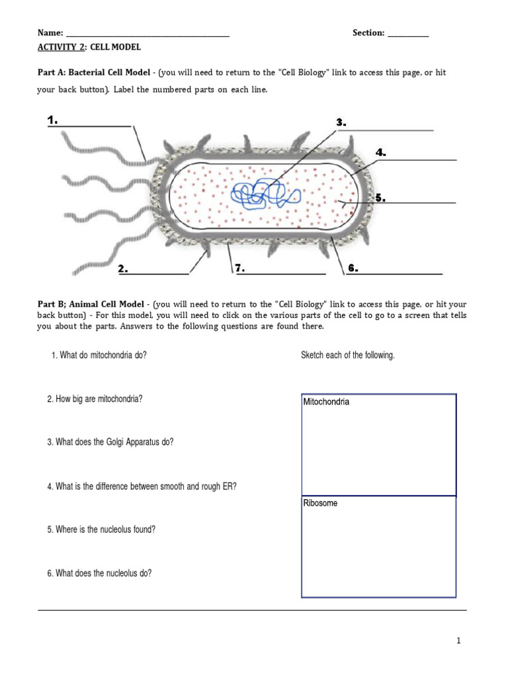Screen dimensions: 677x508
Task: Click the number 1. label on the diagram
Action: click(x=53, y=120)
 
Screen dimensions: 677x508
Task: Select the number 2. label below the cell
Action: click(x=123, y=268)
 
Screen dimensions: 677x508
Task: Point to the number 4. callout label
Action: click(x=380, y=153)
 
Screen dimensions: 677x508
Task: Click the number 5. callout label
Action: click(x=380, y=197)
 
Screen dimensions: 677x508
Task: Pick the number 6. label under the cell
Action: click(x=353, y=268)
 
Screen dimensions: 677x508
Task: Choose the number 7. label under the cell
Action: click(x=239, y=268)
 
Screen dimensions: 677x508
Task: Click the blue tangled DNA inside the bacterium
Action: click(x=265, y=194)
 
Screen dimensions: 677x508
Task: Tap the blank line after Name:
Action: click(x=148, y=33)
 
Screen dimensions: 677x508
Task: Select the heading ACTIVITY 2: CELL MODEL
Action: click(x=89, y=48)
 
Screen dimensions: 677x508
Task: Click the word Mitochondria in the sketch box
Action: click(x=326, y=402)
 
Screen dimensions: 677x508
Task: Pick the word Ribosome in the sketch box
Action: click(x=320, y=503)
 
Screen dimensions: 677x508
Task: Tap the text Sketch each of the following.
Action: click(x=347, y=355)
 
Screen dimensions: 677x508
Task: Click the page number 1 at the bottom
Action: click(x=458, y=641)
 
